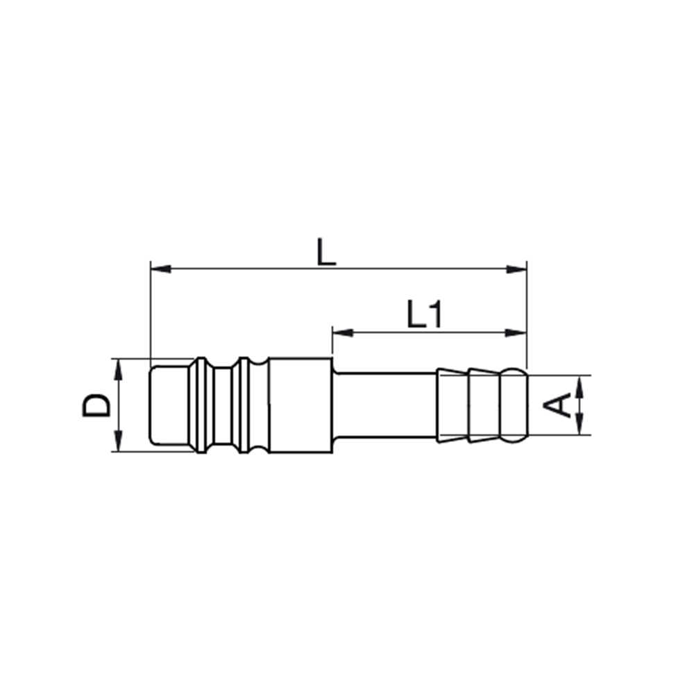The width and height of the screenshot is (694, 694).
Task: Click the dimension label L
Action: pyautogui.click(x=327, y=253)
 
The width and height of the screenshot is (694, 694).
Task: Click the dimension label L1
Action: pyautogui.click(x=425, y=314)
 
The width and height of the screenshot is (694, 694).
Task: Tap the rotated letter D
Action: pyautogui.click(x=96, y=405)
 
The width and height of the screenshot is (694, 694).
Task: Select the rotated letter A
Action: pyautogui.click(x=557, y=405)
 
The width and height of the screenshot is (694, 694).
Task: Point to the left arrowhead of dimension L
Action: pyautogui.click(x=161, y=269)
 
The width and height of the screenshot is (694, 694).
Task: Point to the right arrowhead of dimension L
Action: pyautogui.click(x=516, y=269)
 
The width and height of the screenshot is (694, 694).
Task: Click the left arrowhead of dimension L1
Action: pyautogui.click(x=343, y=332)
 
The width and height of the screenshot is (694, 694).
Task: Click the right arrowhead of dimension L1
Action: pyautogui.click(x=516, y=332)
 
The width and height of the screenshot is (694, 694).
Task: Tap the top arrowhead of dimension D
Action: pyautogui.click(x=118, y=369)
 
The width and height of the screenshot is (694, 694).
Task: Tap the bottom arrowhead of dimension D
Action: pyautogui.click(x=118, y=441)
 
